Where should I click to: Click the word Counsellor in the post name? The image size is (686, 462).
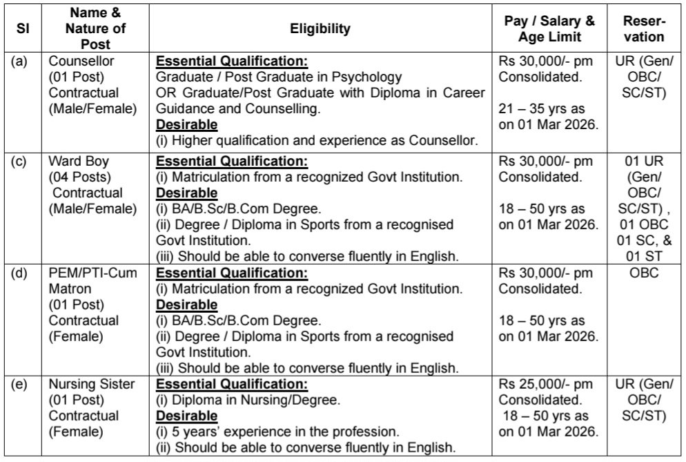click(81, 61)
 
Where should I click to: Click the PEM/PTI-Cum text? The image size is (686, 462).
click(92, 273)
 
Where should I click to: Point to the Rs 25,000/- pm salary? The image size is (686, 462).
click(545, 385)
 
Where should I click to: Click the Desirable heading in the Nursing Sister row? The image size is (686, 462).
click(187, 416)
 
